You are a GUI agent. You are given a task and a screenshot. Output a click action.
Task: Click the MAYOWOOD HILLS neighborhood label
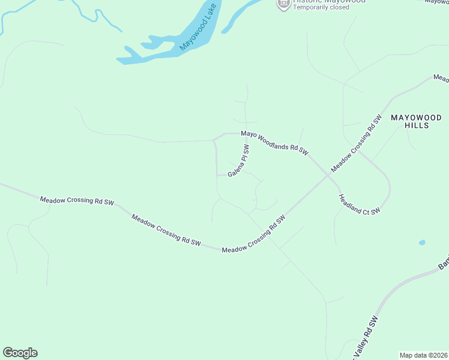coord(417,121)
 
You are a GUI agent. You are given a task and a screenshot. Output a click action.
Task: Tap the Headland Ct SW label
coord(359,204)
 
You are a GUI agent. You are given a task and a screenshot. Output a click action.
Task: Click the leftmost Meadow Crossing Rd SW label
coord(77,201)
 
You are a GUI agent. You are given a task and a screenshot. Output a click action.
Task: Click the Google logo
coord(20,353)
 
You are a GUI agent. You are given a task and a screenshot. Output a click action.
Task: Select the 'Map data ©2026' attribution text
coord(424,355)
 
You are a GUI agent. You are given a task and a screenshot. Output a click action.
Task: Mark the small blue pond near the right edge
coord(422,242)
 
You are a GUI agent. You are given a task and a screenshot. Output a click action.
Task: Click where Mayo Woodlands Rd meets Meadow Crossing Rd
coord(328,175)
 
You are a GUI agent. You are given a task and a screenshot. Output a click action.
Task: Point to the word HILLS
coord(417,126)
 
